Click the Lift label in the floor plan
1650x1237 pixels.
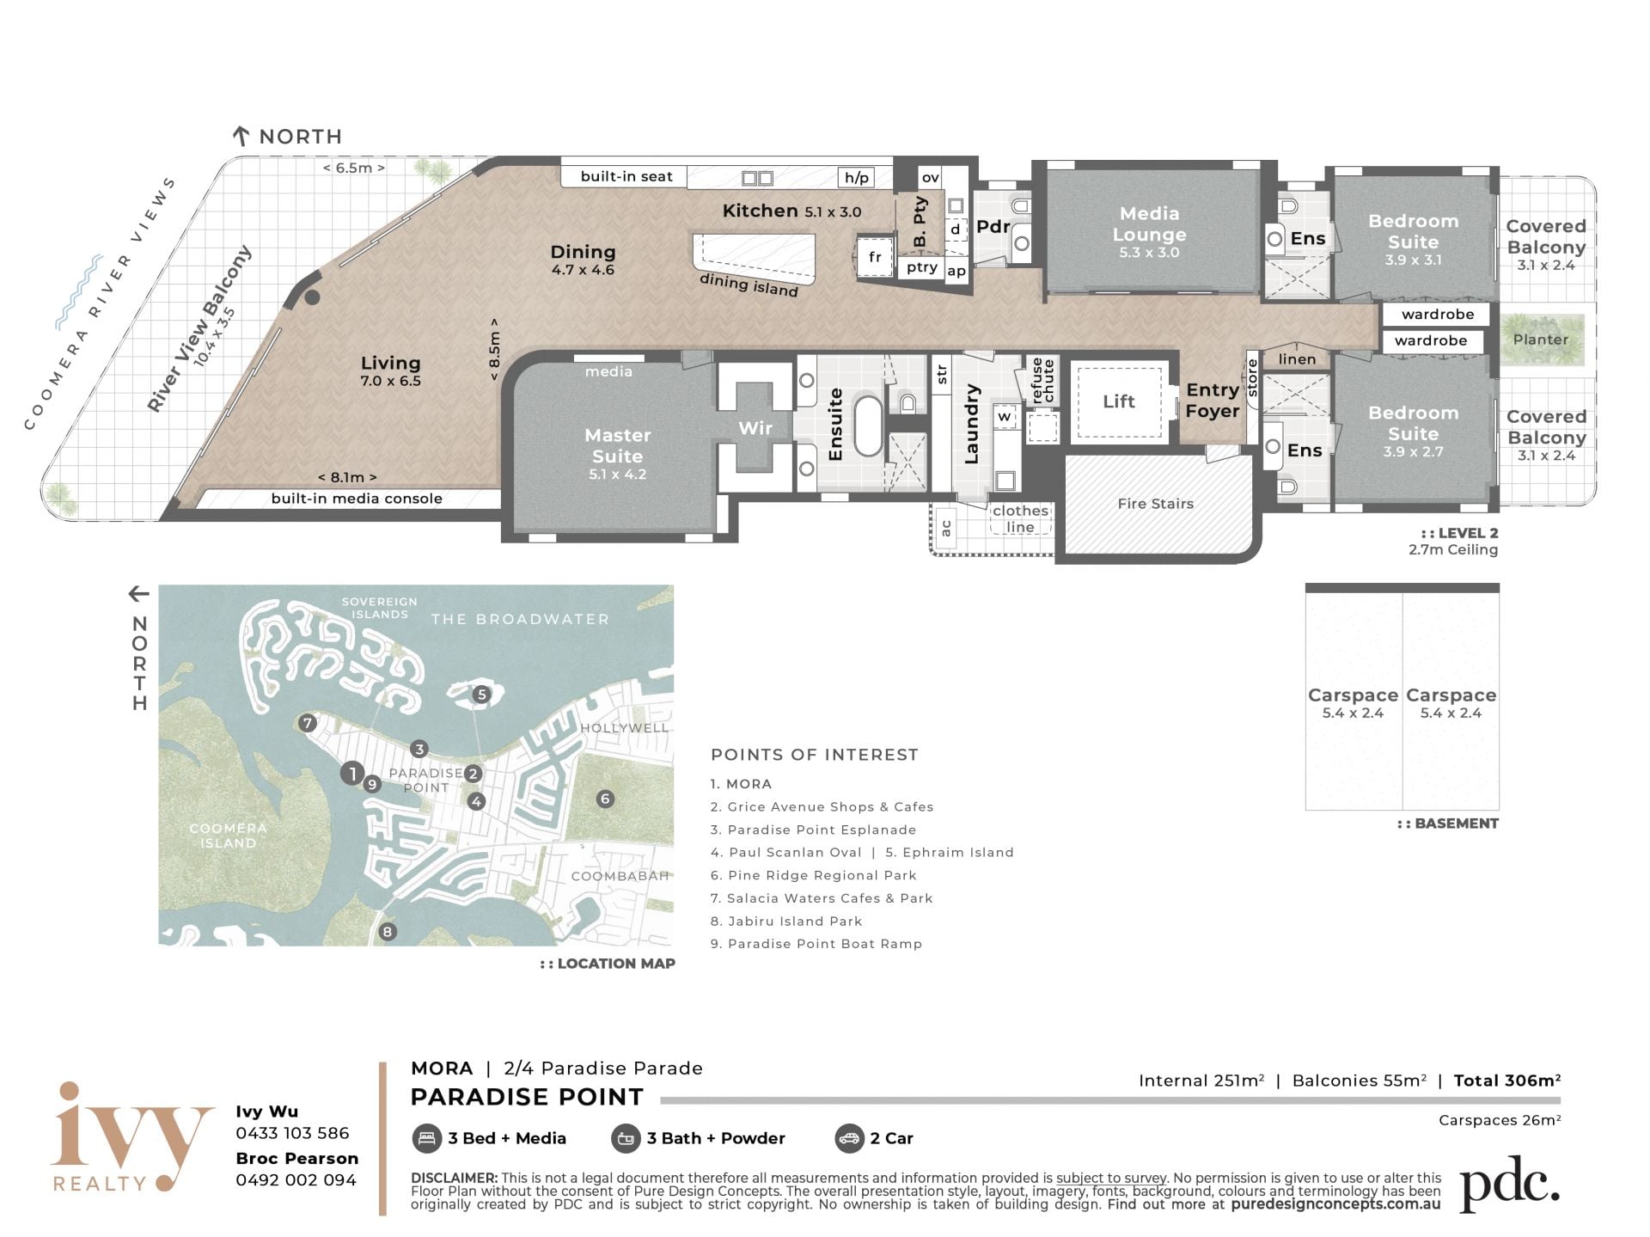[1118, 401]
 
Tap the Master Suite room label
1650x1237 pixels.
[617, 445]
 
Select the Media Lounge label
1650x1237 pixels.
[1149, 224]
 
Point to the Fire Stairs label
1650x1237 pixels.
[1155, 504]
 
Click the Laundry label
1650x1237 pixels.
[972, 424]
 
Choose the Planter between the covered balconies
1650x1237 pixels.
[1542, 340]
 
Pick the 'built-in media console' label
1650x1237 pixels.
[357, 499]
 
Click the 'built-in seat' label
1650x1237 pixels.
[626, 176]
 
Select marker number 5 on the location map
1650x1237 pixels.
[481, 695]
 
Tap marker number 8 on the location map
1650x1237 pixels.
[388, 932]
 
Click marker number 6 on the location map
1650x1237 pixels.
[605, 799]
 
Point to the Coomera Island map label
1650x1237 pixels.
[228, 836]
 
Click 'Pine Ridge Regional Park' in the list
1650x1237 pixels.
[822, 875]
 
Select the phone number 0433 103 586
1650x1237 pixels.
[292, 1133]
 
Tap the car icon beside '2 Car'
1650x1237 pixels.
[848, 1138]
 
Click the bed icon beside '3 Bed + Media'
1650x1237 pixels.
[426, 1138]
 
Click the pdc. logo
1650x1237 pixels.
[1510, 1185]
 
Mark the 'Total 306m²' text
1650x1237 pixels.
[1507, 1081]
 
